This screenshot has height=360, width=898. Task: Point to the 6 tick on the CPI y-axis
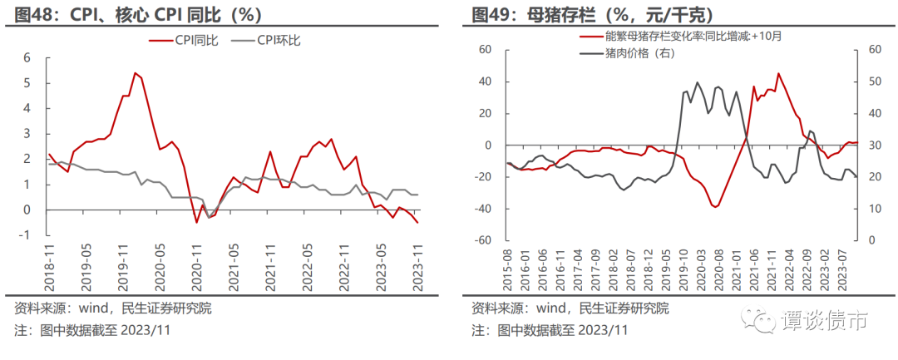click(x=27, y=58)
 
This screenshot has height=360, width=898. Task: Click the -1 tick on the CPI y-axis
click(x=25, y=235)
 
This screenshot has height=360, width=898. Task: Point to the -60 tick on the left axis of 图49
click(x=482, y=240)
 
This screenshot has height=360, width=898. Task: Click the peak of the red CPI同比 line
click(x=135, y=72)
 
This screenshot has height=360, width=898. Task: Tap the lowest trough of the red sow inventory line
click(x=715, y=205)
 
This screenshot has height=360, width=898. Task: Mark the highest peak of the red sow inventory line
click(x=778, y=73)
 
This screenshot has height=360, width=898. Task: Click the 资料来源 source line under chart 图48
click(x=113, y=308)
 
